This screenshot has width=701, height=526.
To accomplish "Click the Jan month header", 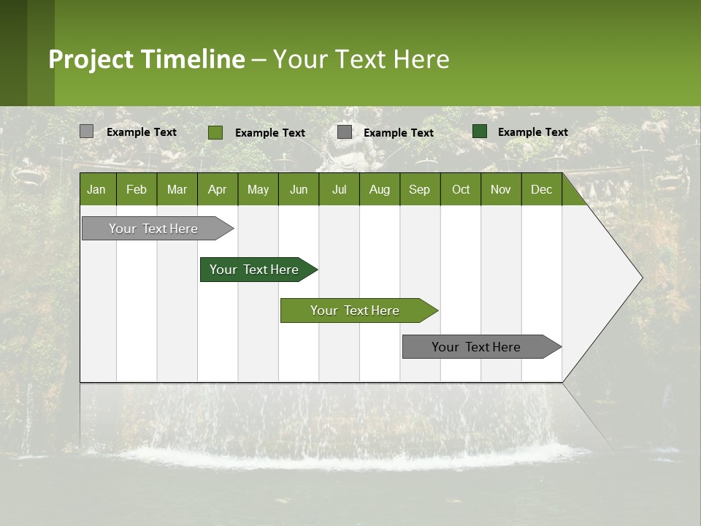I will click(96, 190).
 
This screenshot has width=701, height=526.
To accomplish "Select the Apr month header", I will click(217, 190).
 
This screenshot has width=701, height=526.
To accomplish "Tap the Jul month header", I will click(339, 190).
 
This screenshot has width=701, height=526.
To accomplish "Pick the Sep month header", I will click(419, 190).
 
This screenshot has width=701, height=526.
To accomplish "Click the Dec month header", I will click(541, 190).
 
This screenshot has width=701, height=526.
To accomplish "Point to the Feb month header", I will click(137, 190).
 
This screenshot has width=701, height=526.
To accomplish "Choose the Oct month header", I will click(461, 190).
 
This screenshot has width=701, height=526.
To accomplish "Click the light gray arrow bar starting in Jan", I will click(153, 229).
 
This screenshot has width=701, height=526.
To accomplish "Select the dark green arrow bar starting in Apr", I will click(254, 270).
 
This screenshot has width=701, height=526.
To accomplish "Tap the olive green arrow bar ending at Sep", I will click(355, 310).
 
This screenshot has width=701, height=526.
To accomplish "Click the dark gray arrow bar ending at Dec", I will click(476, 347).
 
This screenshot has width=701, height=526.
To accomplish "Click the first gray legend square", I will click(87, 131).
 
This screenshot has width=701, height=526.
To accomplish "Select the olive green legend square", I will click(215, 132).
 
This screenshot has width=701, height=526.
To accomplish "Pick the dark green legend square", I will click(480, 131).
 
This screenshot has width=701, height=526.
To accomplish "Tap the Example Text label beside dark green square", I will click(532, 132).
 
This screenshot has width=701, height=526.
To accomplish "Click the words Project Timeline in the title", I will click(147, 59).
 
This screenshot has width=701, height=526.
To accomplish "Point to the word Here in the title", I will click(421, 59).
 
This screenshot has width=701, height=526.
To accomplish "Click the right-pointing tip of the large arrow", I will click(640, 277).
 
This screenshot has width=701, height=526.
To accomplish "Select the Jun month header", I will click(299, 190).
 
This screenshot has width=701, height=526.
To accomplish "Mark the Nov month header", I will click(501, 190).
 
